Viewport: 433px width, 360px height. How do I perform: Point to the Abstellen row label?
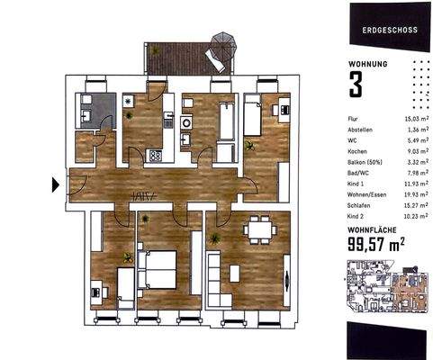pos(360,130)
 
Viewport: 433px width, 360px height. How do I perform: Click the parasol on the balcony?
pos(220,42)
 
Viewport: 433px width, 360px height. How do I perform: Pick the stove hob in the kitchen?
pos(155,154)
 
